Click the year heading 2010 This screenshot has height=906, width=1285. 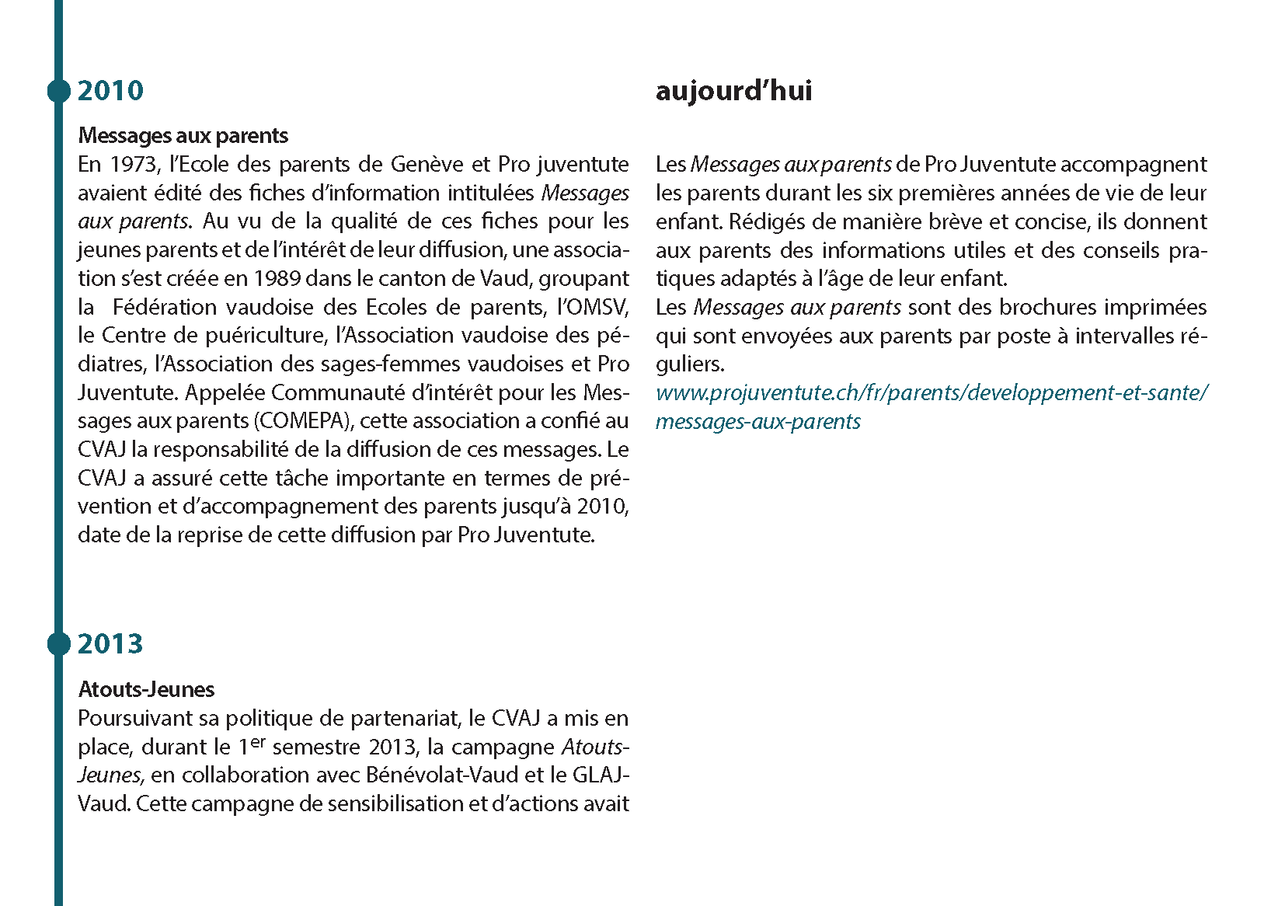(x=110, y=91)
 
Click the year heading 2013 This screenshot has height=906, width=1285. (x=110, y=644)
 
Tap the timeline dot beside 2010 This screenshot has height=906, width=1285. (x=58, y=91)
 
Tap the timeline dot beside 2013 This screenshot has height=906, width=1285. (x=58, y=644)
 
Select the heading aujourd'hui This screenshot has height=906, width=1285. (x=733, y=91)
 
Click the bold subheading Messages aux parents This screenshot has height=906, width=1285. (x=183, y=136)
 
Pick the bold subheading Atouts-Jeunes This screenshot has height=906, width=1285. (x=146, y=690)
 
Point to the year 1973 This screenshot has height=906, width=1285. (x=134, y=165)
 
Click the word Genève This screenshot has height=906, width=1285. (x=427, y=165)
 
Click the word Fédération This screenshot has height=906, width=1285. (x=165, y=307)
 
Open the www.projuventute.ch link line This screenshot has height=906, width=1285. (x=931, y=393)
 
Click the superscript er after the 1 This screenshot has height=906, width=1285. (x=258, y=741)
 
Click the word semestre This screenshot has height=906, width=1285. (x=317, y=747)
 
